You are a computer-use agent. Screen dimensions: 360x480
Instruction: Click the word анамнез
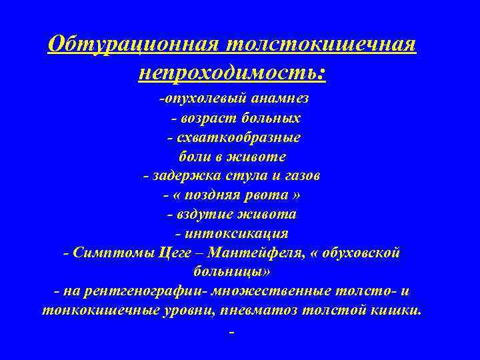(279, 99)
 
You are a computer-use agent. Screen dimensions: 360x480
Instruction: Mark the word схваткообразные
(238, 137)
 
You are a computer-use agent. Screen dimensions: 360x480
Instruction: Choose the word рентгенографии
(129, 292)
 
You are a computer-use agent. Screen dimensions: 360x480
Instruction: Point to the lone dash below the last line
(231, 332)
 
